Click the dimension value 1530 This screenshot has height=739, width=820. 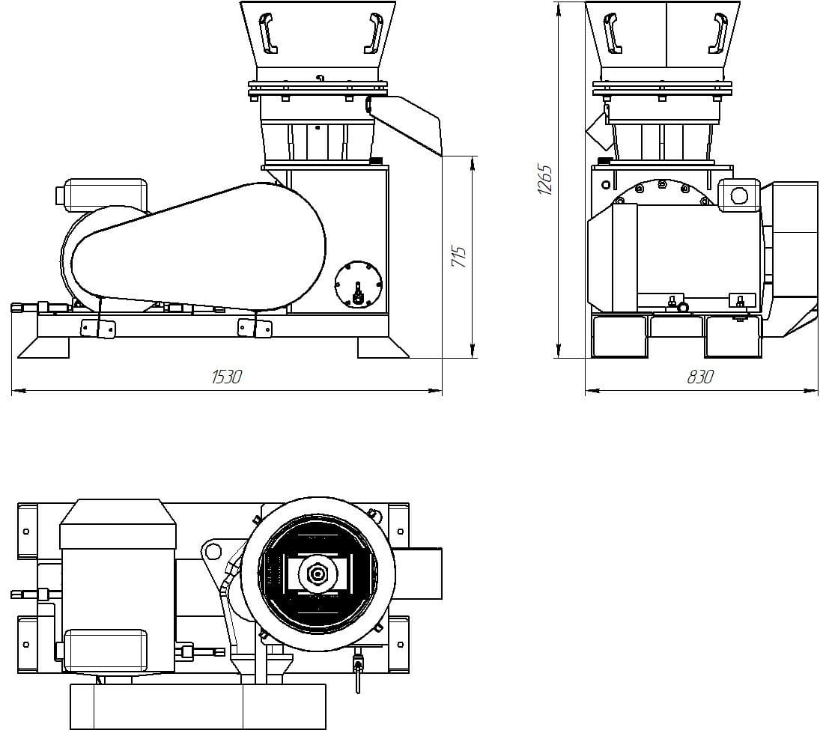(226, 377)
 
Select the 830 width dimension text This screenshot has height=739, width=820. (699, 377)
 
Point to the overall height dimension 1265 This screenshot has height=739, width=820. (544, 180)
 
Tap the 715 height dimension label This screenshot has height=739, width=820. (460, 256)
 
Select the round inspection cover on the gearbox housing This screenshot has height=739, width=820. (358, 284)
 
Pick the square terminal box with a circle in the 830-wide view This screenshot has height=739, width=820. (738, 196)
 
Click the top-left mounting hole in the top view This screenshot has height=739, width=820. (26, 531)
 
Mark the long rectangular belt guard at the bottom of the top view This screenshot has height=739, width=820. (198, 706)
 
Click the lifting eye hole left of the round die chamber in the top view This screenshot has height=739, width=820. (212, 552)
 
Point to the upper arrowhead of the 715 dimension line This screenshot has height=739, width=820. (473, 162)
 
